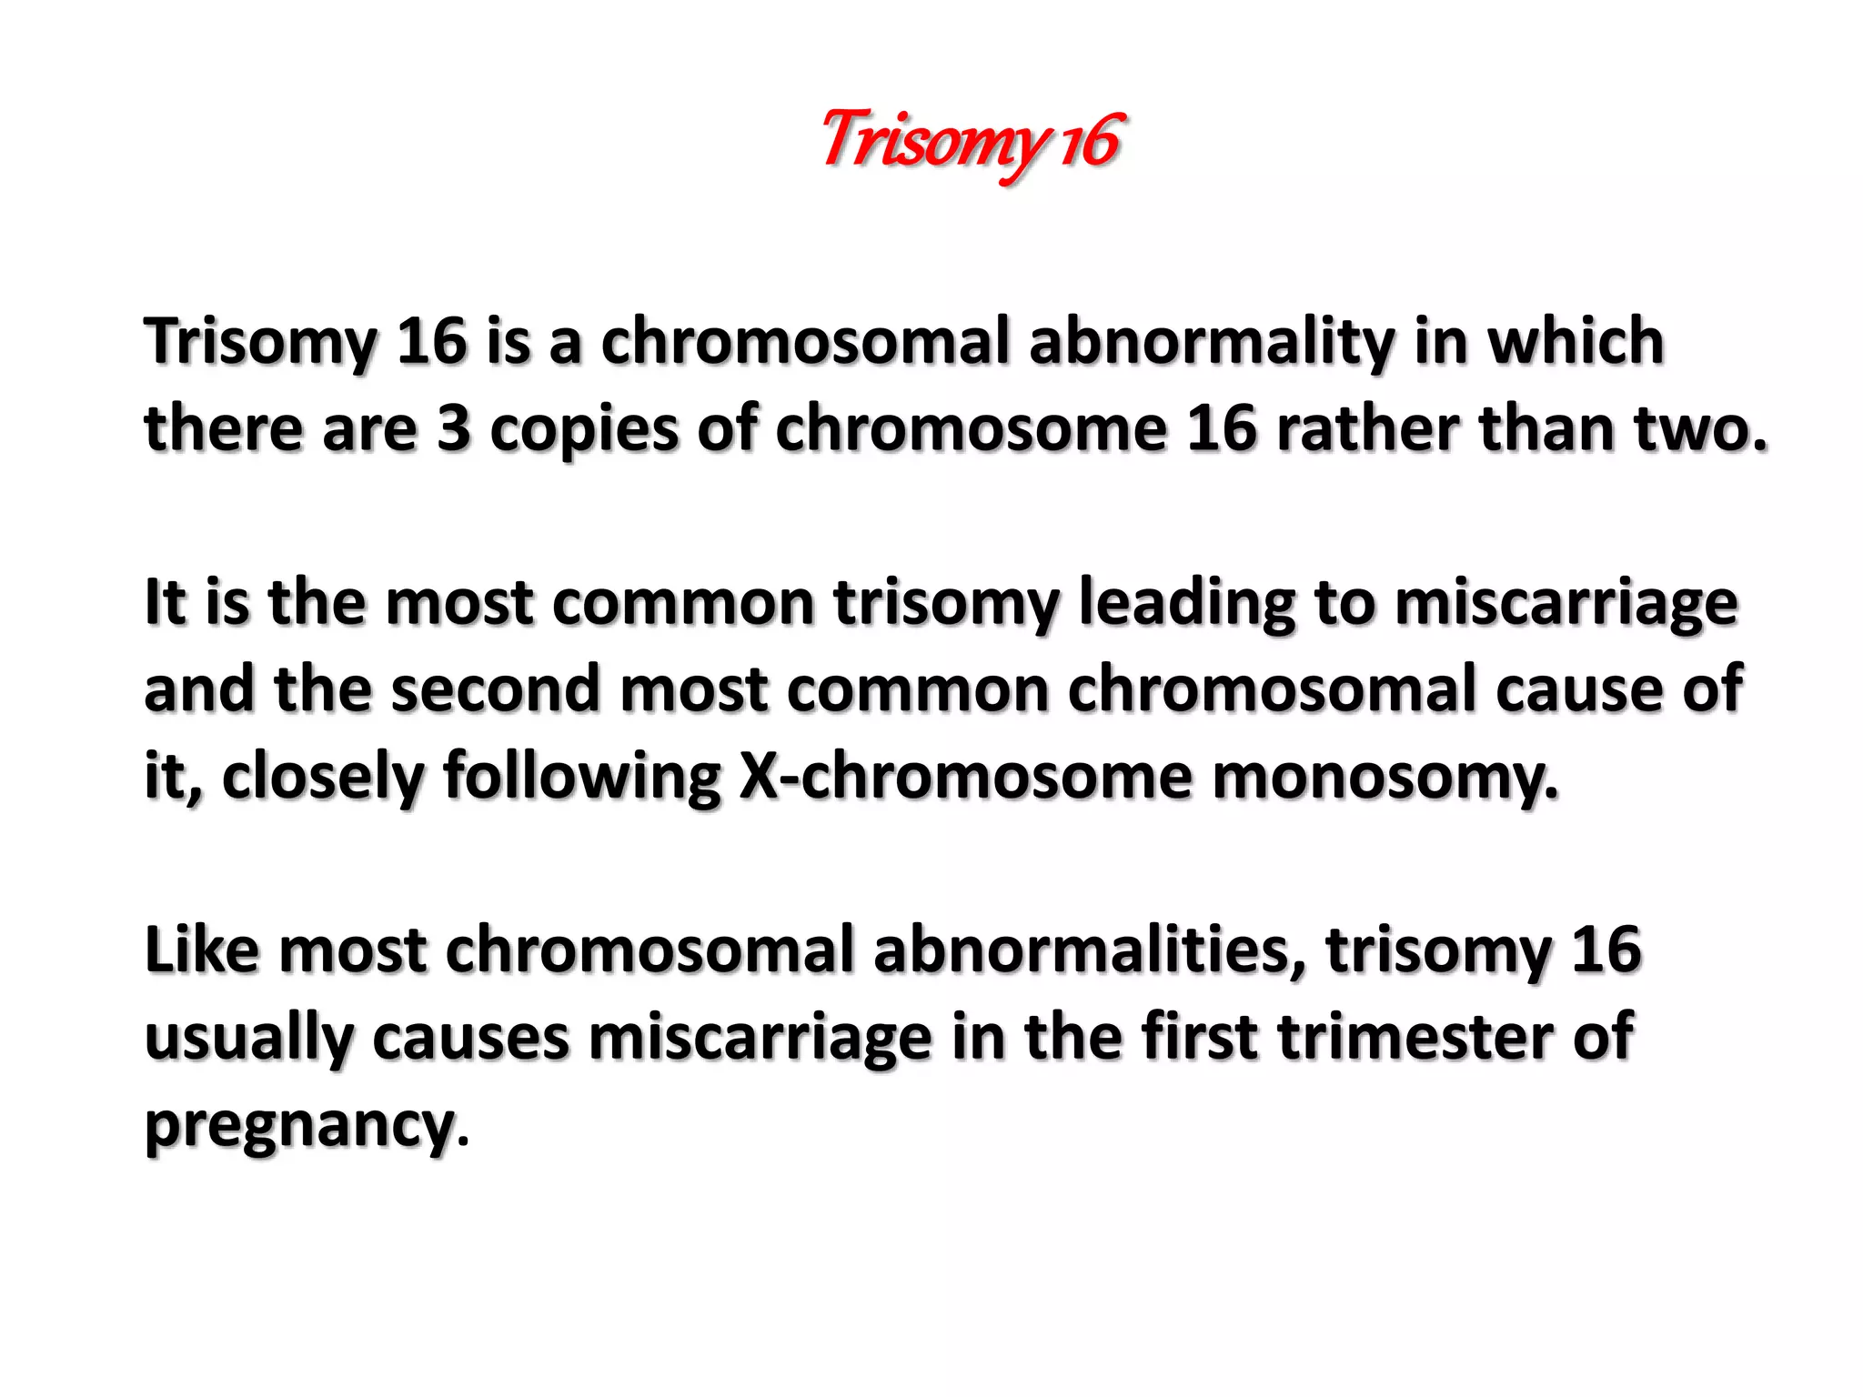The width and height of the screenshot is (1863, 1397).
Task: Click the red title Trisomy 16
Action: [x=972, y=142]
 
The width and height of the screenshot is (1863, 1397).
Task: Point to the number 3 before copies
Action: [x=453, y=429]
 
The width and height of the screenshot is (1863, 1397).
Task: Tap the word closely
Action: [x=322, y=779]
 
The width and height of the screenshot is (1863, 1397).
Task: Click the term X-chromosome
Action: [x=965, y=778]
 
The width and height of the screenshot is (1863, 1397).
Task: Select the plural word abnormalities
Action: [x=1090, y=950]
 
